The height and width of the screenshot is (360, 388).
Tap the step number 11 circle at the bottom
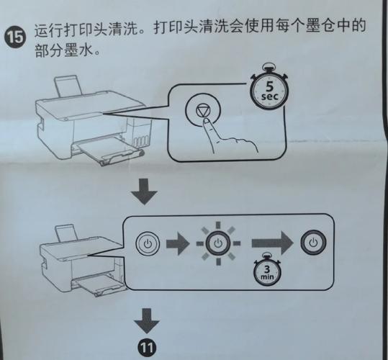(147, 348)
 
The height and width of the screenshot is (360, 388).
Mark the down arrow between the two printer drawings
(147, 191)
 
